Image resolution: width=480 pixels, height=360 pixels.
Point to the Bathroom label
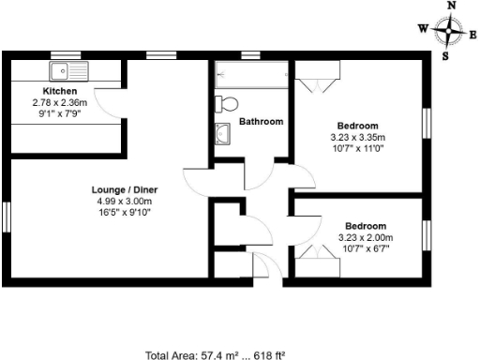point(261,121)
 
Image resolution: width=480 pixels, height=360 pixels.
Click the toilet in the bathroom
point(228,102)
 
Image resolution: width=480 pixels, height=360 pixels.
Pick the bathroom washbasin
point(224,133)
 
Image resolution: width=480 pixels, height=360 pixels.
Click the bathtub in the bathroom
point(251,74)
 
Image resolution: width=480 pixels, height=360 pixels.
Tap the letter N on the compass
point(452,6)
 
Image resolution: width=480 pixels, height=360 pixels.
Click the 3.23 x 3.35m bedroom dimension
point(358,137)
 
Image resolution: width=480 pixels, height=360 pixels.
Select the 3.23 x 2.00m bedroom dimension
point(365,237)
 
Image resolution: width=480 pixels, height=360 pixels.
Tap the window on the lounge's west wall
point(7,214)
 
